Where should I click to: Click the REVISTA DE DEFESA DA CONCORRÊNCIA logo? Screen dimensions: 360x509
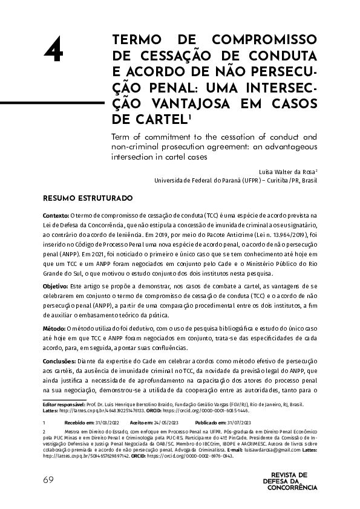290,481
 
